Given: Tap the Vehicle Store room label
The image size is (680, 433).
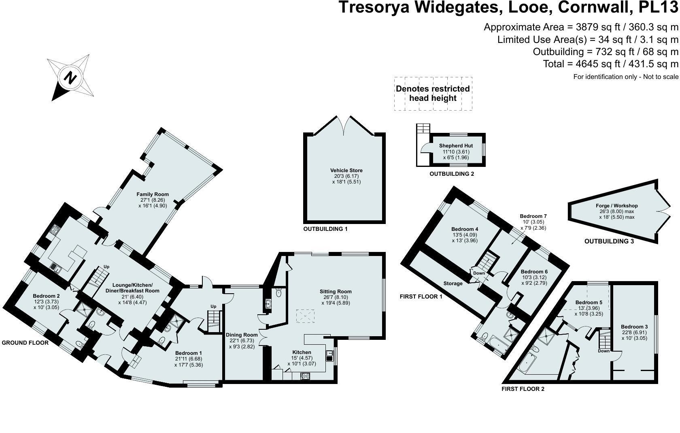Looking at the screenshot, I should (346, 171).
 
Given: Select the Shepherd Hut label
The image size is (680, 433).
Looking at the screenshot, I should (456, 146).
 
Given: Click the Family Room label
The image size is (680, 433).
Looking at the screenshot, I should (153, 194).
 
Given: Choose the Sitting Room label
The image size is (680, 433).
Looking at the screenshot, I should (336, 291).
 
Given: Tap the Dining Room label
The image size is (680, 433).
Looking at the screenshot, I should (242, 335).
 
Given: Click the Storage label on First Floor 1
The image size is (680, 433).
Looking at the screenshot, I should (453, 284).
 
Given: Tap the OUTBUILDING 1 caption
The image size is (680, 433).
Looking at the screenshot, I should (325, 229).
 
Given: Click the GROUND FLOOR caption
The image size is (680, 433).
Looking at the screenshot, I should (25, 343).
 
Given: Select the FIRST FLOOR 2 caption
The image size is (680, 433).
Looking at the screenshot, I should (523, 389).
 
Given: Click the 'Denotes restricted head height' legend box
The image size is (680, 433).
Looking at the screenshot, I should (433, 94).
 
